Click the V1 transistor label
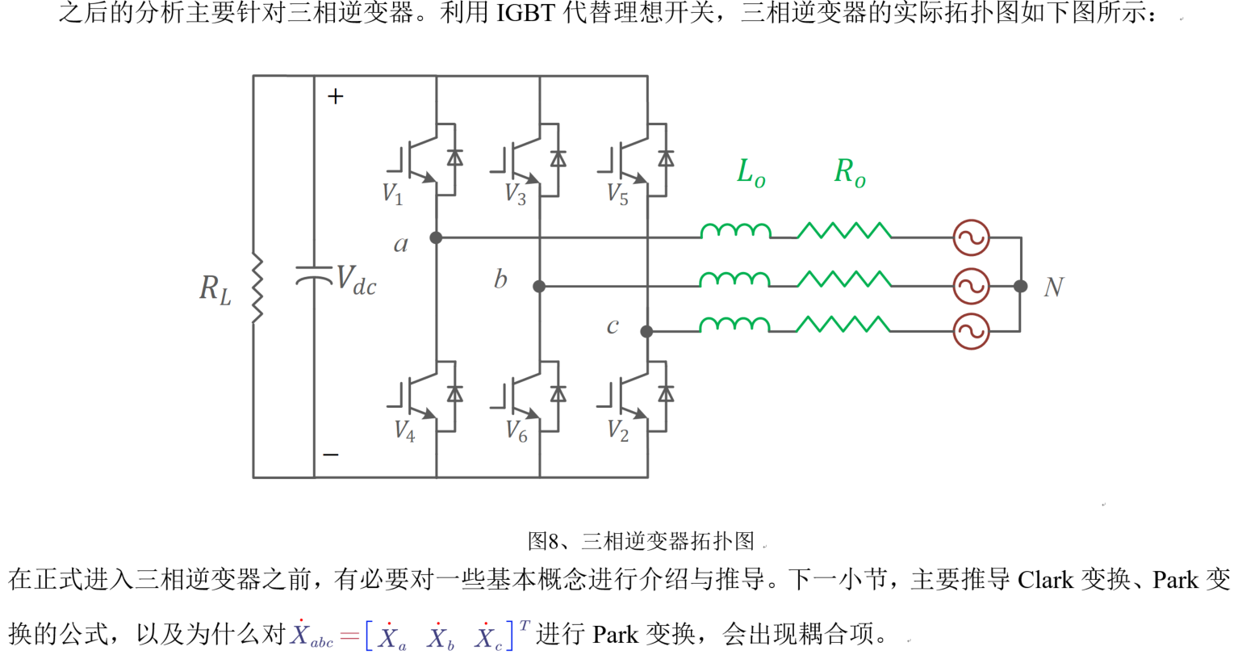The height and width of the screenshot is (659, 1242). [x=392, y=194]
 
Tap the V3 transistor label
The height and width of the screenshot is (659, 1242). [x=516, y=195]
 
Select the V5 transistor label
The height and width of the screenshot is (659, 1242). [x=617, y=195]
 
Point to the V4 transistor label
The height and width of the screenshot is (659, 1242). [x=404, y=431]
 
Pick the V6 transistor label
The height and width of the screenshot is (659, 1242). [x=516, y=432]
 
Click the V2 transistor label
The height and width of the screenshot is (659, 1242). [x=617, y=431]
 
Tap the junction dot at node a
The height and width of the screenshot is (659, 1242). [x=436, y=237]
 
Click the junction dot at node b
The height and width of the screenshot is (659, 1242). [x=539, y=286]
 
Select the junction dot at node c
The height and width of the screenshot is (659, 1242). [x=646, y=331]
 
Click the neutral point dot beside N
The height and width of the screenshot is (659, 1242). [x=1021, y=286]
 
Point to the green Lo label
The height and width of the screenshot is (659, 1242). [x=751, y=173]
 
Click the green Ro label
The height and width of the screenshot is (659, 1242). [x=850, y=173]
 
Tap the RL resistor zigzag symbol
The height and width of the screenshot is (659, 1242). [x=257, y=288]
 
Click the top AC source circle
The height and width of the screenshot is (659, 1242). [x=971, y=237]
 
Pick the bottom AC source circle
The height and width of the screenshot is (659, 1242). [x=971, y=331]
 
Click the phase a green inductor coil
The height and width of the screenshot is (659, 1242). [x=735, y=232]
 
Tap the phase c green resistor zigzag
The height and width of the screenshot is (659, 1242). [x=843, y=325]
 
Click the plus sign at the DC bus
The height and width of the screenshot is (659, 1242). [x=336, y=97]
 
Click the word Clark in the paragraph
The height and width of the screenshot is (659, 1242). [x=1045, y=580]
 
